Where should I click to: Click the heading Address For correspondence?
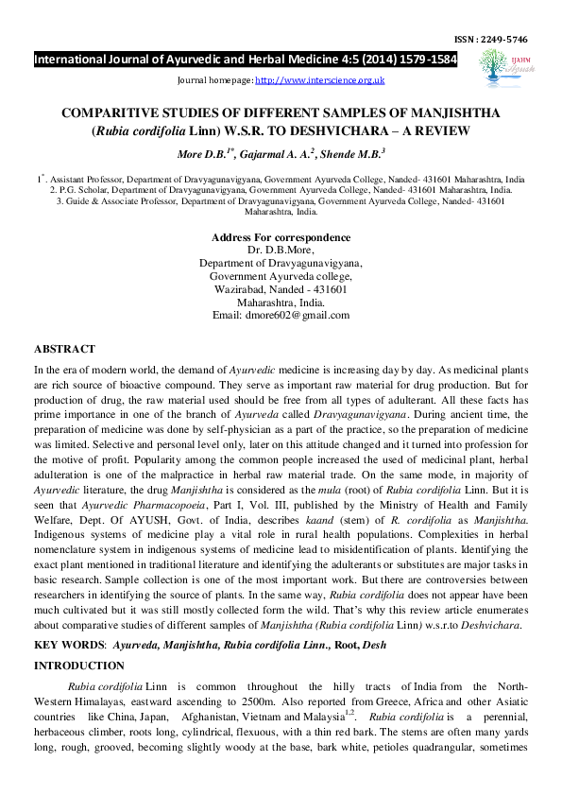click(281, 237)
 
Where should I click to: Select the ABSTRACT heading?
click(64, 349)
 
